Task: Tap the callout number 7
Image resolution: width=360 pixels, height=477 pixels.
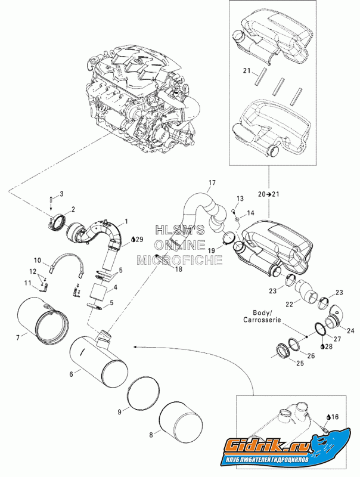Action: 17,337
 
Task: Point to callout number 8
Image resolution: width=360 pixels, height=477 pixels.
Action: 150,435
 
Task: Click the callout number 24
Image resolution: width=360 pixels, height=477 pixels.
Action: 350,330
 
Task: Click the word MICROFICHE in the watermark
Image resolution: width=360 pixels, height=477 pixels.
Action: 180,259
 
